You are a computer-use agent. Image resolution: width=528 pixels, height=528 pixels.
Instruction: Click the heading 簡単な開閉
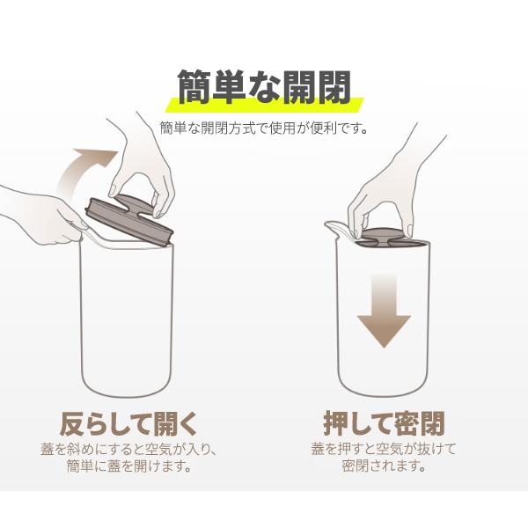[x=264, y=87]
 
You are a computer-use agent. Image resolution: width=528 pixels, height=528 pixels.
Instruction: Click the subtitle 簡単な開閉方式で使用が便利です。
[x=264, y=128]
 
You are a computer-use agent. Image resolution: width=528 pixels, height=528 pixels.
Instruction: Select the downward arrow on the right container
[x=384, y=310]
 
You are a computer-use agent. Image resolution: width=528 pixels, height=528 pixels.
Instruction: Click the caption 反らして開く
[x=128, y=423]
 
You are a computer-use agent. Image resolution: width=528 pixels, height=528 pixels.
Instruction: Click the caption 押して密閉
[x=384, y=423]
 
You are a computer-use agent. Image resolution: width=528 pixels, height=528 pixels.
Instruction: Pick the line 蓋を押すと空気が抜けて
[x=384, y=449]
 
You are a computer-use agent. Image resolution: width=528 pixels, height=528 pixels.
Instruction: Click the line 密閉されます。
[x=384, y=466]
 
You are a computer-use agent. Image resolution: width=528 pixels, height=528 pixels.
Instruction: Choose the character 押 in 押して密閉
[x=336, y=423]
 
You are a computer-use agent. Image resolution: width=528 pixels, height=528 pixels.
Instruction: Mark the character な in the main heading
[x=264, y=88]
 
